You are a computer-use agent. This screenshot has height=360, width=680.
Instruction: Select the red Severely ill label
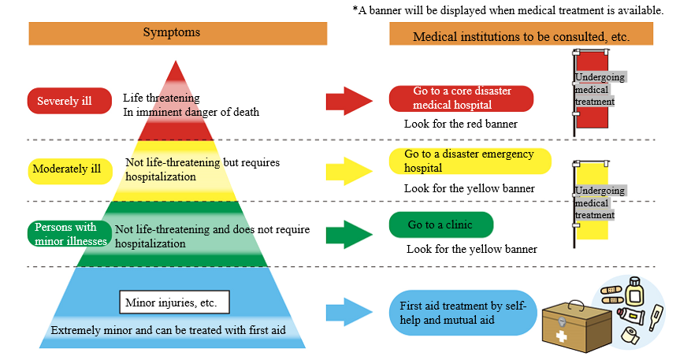pyautogui.click(x=69, y=101)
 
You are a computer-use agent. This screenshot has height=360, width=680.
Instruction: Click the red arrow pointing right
pyautogui.click(x=347, y=101)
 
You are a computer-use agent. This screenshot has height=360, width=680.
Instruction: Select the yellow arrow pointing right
pyautogui.click(x=347, y=170)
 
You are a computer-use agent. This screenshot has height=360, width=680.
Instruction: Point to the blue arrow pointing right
pyautogui.click(x=347, y=311)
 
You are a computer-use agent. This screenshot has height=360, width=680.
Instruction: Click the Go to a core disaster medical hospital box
pyautogui.click(x=461, y=98)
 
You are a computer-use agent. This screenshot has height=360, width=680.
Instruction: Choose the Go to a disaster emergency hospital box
pyautogui.click(x=470, y=161)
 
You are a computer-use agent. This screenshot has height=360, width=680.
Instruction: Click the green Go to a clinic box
pyautogui.click(x=440, y=225)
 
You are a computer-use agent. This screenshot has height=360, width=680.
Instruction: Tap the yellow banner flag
pyautogui.click(x=591, y=202)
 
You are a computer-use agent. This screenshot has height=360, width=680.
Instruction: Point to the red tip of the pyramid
pyautogui.click(x=176, y=79)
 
